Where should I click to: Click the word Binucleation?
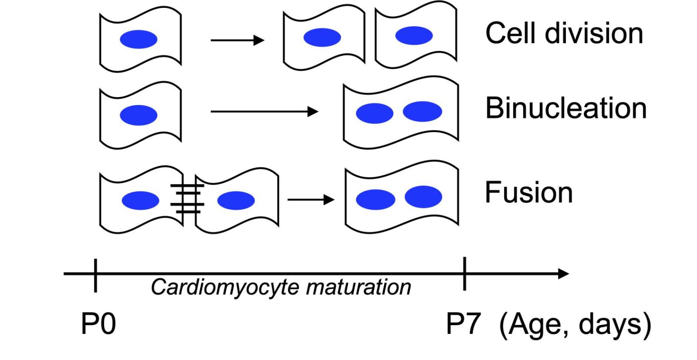tap(565, 108)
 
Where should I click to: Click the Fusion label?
tap(528, 193)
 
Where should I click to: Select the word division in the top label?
tap(594, 33)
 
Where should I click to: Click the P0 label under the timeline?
tap(98, 324)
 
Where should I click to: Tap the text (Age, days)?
tap(575, 325)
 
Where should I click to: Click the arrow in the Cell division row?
tap(237, 41)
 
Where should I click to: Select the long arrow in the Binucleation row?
tap(264, 112)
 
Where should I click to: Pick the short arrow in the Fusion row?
tap(311, 200)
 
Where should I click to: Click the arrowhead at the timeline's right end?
tap(564, 274)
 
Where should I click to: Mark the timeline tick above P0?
tap(95, 275)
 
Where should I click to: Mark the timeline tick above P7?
tap(465, 274)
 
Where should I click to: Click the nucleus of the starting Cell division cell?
tap(139, 40)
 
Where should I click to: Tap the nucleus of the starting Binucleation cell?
tap(139, 115)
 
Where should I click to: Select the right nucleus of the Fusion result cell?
tap(423, 196)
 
